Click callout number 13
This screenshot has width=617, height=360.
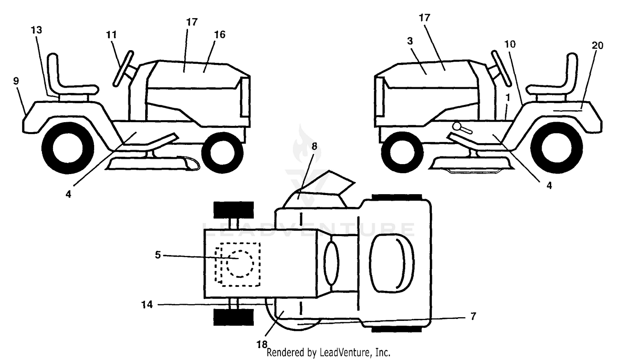(36, 30)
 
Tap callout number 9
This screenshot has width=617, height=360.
(16, 81)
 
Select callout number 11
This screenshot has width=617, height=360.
(111, 35)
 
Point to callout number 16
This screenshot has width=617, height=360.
(220, 35)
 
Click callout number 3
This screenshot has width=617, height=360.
(410, 41)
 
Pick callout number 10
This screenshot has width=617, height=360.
(510, 44)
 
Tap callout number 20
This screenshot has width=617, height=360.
(597, 45)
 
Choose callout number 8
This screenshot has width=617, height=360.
(314, 146)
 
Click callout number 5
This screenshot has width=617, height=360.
(158, 255)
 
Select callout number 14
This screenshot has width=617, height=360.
(147, 304)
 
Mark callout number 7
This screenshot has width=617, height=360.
(473, 316)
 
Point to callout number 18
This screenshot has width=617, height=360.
(262, 344)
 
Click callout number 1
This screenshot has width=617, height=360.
(508, 97)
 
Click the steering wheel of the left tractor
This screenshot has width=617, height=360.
(123, 69)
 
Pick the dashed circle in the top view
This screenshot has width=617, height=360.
(240, 264)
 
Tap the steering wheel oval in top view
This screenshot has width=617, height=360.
(332, 263)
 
